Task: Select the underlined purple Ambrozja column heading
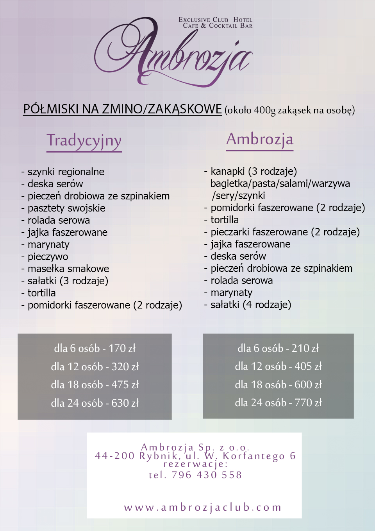[x=260, y=140]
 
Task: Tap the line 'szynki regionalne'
[x=66, y=172]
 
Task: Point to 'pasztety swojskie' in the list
[x=66, y=208]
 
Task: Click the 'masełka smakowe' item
[x=68, y=269]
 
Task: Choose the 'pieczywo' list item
[x=48, y=257]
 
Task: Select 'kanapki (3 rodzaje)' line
[x=254, y=171]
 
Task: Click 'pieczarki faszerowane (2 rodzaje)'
[x=285, y=232]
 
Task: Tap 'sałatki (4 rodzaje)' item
[x=251, y=305]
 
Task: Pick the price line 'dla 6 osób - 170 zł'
[x=95, y=348]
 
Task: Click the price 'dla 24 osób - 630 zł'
[x=95, y=403]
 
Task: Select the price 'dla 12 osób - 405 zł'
[x=278, y=366]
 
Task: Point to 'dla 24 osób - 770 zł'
[x=278, y=403]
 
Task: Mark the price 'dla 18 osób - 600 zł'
[x=278, y=385]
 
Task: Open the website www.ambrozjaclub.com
[x=203, y=508]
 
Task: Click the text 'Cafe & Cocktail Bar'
[x=218, y=26]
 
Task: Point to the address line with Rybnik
[x=195, y=456]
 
